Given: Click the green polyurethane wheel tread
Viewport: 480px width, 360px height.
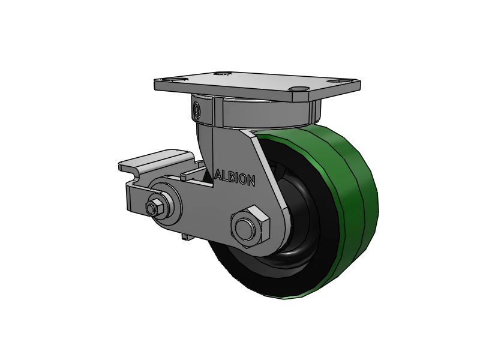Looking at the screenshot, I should (x=354, y=198).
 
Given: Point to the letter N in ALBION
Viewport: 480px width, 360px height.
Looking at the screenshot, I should (x=252, y=180).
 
